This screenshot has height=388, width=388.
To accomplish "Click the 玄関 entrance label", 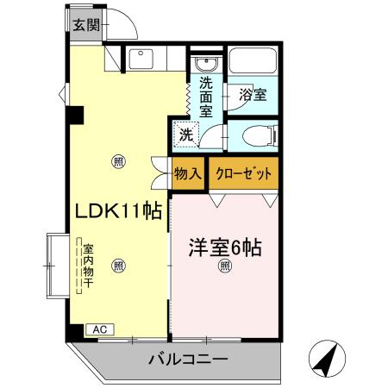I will [x=84, y=24].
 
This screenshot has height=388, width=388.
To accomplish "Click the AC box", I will [x=98, y=329].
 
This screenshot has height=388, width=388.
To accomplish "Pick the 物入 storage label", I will [x=187, y=173].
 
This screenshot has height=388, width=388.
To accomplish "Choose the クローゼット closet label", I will [x=244, y=173].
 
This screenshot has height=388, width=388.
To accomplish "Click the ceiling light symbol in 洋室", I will [x=224, y=266].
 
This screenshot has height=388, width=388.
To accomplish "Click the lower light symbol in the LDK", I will [x=118, y=266].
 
